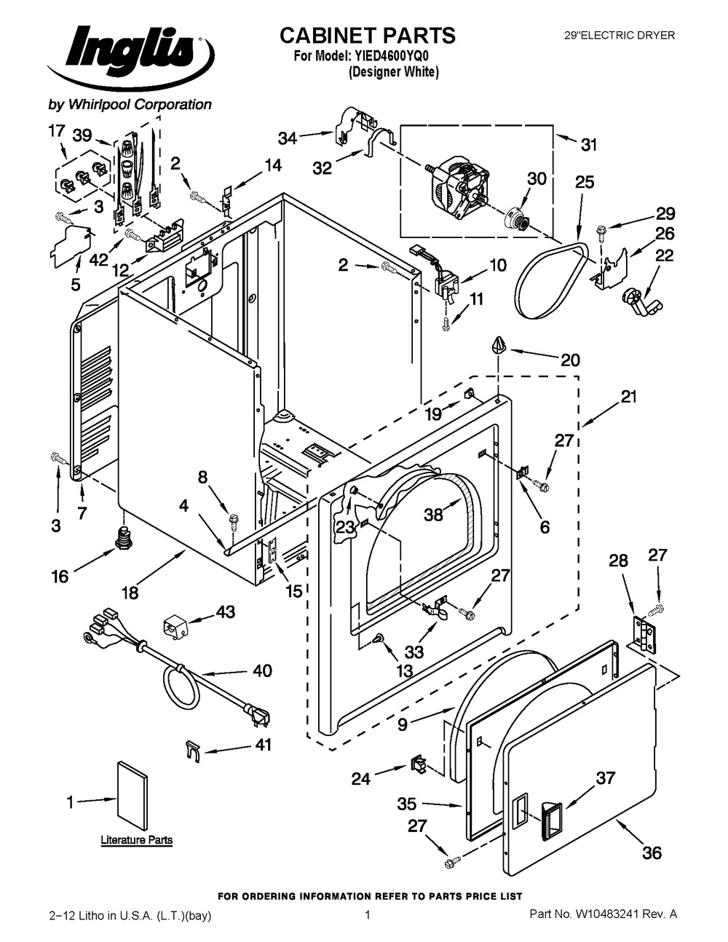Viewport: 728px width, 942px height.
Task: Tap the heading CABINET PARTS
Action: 368,36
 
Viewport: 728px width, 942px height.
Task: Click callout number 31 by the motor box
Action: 588,144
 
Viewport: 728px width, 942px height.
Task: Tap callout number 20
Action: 570,360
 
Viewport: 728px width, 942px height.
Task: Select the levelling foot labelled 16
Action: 123,537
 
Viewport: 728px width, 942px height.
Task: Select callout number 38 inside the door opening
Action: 433,514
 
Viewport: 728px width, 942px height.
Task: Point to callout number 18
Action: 130,592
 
